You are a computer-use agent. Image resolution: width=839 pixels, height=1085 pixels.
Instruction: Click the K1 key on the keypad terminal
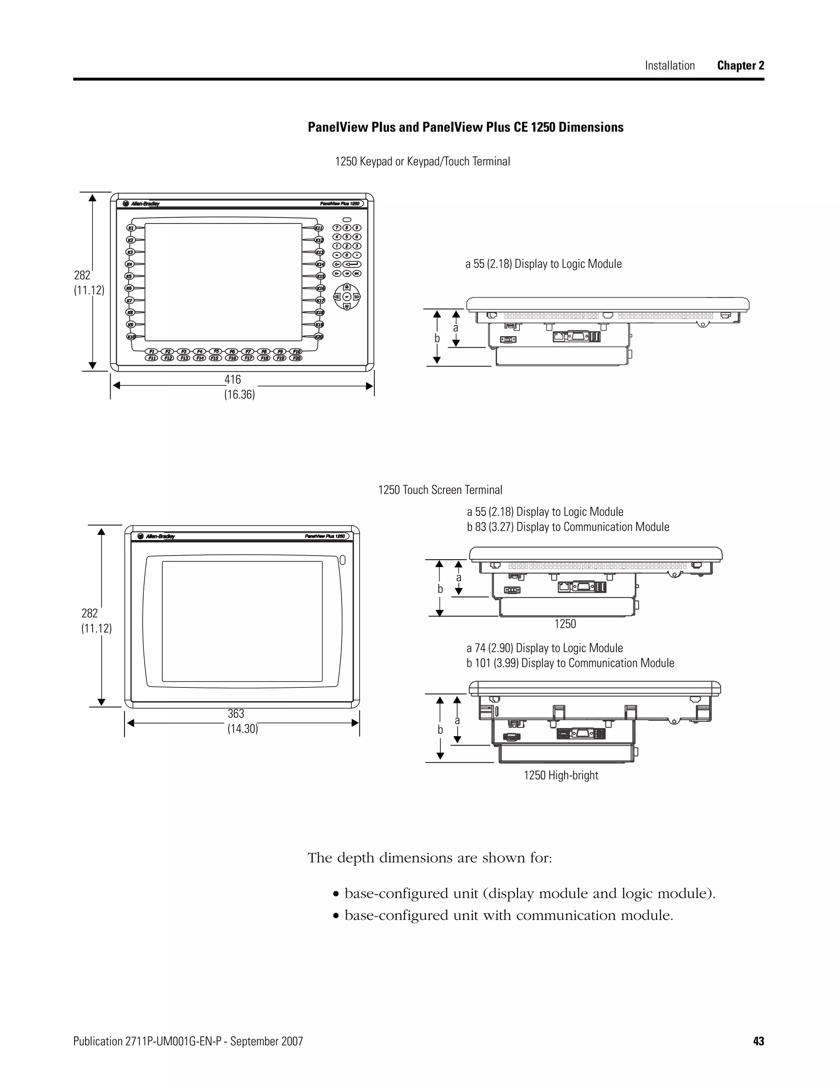coord(131,228)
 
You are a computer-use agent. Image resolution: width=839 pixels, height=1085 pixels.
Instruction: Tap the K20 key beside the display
coord(320,337)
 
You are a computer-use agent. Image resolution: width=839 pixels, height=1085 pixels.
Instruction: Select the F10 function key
coord(296,351)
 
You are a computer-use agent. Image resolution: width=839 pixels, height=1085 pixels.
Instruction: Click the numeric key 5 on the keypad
coord(347,237)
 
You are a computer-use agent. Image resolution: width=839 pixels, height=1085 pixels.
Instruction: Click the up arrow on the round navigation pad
coord(347,287)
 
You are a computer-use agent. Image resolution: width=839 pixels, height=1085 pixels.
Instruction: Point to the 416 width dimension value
coord(233,380)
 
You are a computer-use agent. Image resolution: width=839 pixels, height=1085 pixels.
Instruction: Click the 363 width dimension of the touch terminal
coord(236,713)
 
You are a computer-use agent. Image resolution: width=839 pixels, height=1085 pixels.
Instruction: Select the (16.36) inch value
coord(239,395)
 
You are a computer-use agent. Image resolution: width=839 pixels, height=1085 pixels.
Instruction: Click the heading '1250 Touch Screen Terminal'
coord(440,490)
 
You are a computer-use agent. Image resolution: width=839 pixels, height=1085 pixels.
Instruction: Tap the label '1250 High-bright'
coord(561,775)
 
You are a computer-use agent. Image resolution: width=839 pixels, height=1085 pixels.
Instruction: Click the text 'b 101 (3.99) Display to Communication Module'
coord(570,663)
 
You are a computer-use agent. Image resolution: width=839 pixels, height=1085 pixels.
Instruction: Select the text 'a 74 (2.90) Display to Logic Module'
coord(544,648)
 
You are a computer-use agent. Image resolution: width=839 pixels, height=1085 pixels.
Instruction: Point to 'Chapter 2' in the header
coord(740,66)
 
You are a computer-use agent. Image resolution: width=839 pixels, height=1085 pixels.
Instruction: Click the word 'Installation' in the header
coord(669,66)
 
